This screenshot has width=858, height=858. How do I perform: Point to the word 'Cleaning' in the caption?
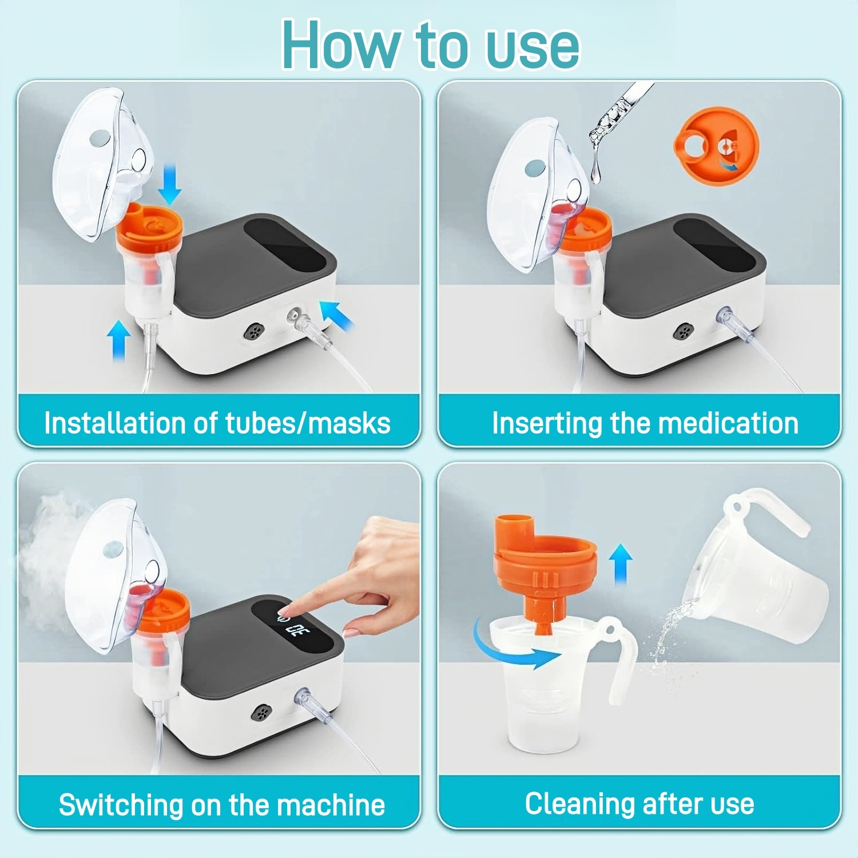tap(578, 804)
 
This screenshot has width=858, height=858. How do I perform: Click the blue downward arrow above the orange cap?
tap(170, 184)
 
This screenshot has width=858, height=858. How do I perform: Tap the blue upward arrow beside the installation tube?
tap(118, 340)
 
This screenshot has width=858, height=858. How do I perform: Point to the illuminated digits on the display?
tap(295, 630)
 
